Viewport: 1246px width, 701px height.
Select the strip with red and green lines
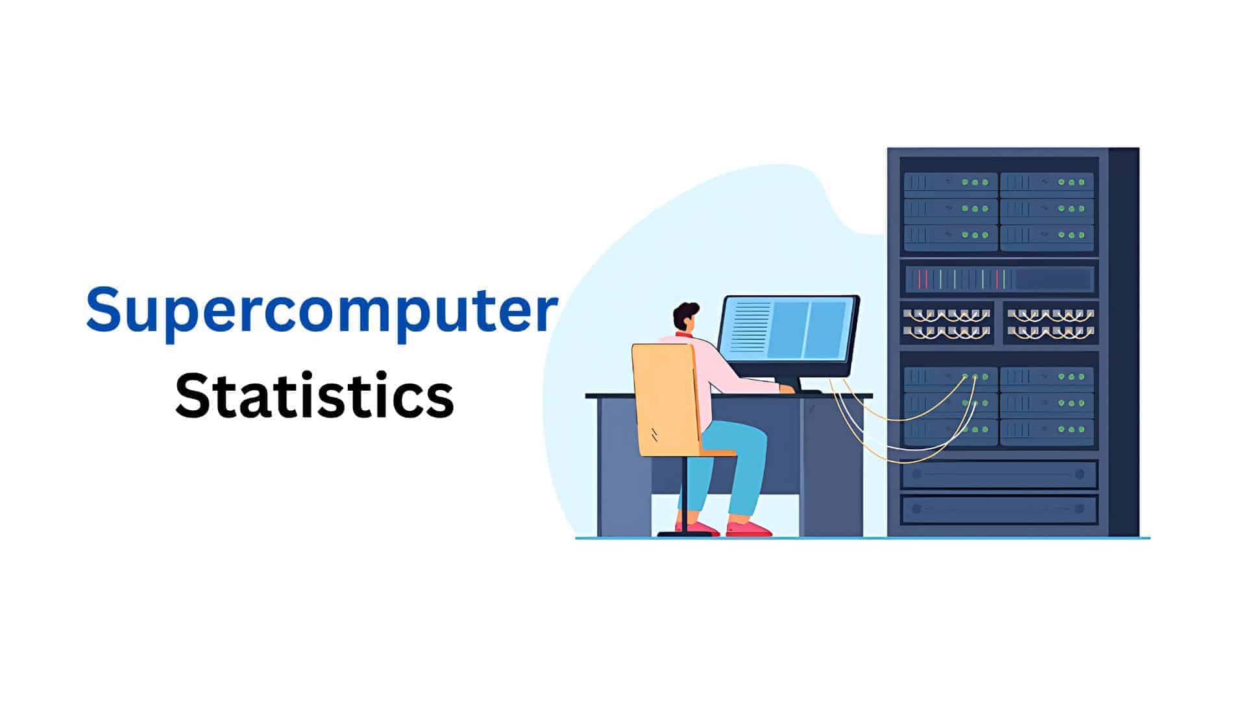[999, 279]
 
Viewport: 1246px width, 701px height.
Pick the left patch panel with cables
[947, 323]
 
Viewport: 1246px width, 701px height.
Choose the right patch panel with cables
[1050, 323]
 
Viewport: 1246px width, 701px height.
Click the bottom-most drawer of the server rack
[999, 510]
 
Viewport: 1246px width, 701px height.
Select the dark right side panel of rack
[1123, 342]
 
